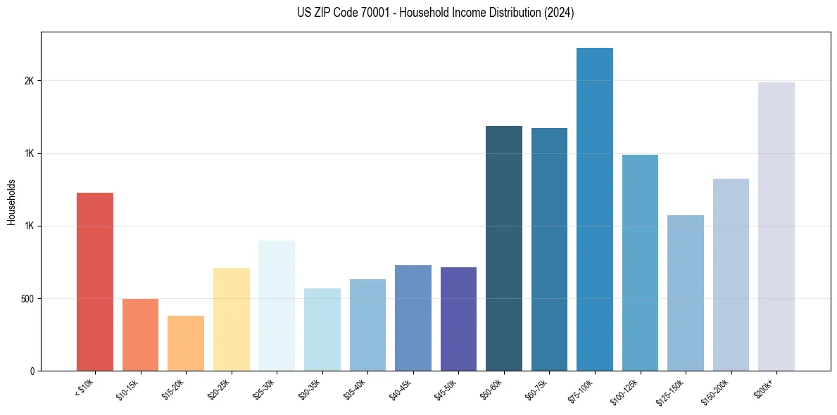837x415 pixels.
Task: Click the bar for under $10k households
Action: pos(94,281)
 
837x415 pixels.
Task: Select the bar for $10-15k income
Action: pos(140,335)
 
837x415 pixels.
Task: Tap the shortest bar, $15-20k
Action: pos(186,343)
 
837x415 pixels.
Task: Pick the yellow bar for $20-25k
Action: pos(231,319)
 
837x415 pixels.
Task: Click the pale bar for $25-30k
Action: pos(277,305)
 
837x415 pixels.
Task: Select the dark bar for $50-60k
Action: pos(504,248)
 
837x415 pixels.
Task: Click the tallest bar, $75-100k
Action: pos(595,209)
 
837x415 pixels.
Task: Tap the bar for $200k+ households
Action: pos(776,226)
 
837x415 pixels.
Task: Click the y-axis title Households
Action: pos(11,202)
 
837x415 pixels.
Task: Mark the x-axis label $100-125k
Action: pos(625,391)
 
